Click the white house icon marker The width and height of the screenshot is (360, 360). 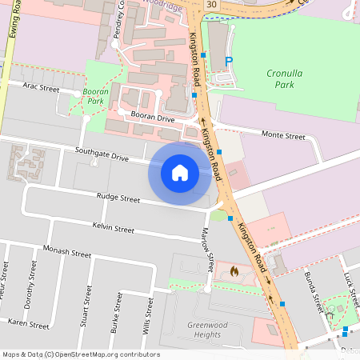pyautogui.click(x=180, y=172)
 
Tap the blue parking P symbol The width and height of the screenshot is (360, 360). pyautogui.click(x=230, y=62)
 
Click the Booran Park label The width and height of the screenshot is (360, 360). pyautogui.click(x=95, y=97)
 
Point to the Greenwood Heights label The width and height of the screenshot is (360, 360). pyautogui.click(x=204, y=330)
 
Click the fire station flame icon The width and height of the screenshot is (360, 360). pyautogui.click(x=234, y=272)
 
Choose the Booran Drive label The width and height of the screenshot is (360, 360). pyautogui.click(x=153, y=118)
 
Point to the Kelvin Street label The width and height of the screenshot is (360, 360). pyautogui.click(x=113, y=229)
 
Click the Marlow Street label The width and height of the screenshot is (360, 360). pyautogui.click(x=207, y=252)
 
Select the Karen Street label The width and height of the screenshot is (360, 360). pyautogui.click(x=28, y=322)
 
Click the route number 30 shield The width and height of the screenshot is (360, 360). pyautogui.click(x=210, y=5)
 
